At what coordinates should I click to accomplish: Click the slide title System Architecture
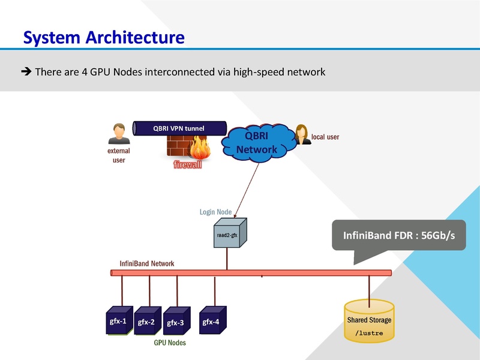click(103, 37)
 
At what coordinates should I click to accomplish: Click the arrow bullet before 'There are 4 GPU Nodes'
click(26, 72)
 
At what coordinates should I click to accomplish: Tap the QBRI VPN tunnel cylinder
click(180, 128)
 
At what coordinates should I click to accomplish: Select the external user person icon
click(119, 134)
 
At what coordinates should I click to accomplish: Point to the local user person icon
click(301, 135)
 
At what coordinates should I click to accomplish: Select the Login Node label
click(215, 212)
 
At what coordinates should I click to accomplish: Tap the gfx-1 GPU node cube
click(118, 321)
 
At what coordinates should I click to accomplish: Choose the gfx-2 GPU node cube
click(147, 322)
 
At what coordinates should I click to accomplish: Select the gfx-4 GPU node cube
click(211, 322)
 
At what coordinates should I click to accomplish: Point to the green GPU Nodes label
click(170, 343)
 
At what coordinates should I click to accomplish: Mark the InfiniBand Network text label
click(147, 263)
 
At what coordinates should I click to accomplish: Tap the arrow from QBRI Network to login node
click(248, 189)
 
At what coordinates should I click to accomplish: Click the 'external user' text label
click(118, 156)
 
